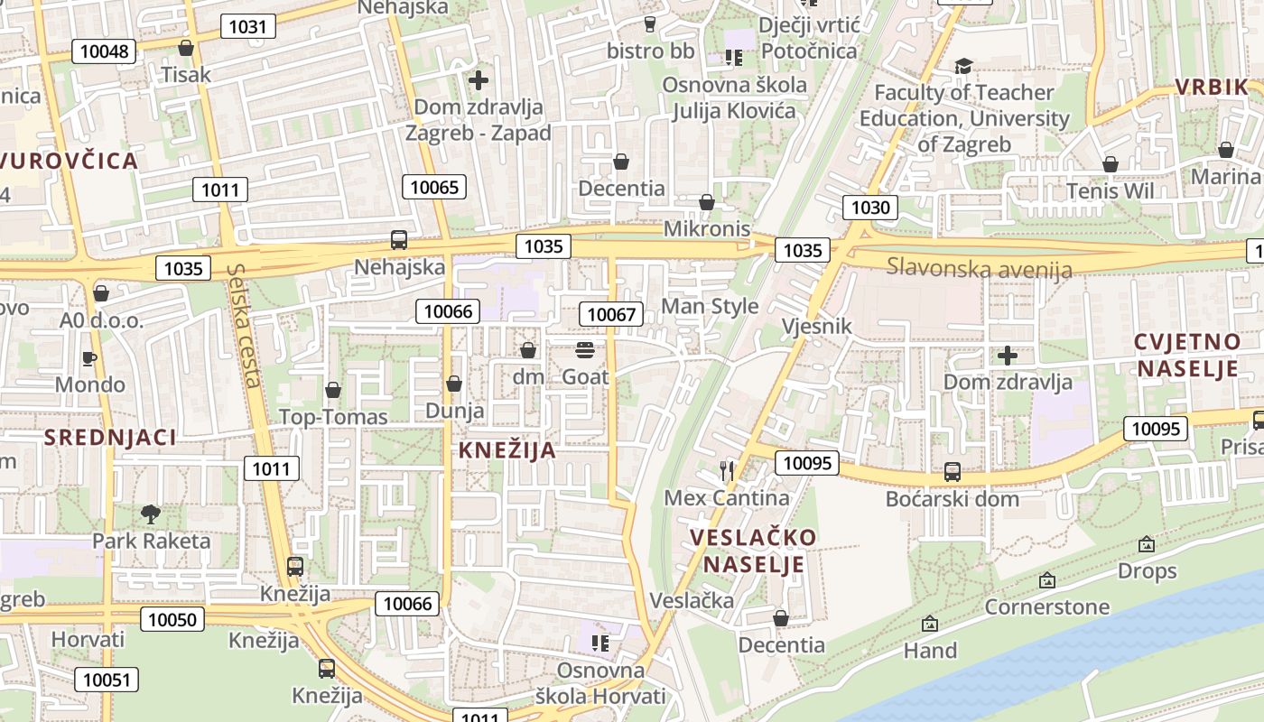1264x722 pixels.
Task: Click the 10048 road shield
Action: pos(104,51)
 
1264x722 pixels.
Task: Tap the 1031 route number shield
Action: pos(247,26)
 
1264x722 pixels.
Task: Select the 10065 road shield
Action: pos(434,188)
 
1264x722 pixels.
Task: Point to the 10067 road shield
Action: pos(611,314)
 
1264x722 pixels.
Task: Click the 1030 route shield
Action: pos(870,208)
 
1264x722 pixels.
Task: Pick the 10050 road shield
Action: pos(172,618)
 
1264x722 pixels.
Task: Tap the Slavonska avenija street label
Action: pos(980,268)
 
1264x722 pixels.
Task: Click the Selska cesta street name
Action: pos(245,325)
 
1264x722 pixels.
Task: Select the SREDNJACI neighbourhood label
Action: pos(110,438)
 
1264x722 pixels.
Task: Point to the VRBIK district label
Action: pos(1210,88)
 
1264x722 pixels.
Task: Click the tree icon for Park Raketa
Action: pos(151,514)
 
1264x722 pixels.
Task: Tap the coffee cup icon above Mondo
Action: pos(89,358)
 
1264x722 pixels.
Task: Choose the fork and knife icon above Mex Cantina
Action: pos(727,470)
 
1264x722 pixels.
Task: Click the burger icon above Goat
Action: pos(585,350)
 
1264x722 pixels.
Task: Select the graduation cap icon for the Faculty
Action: pos(963,66)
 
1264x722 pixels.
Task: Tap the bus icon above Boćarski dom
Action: pos(952,471)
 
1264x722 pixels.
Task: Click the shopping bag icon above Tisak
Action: pos(186,48)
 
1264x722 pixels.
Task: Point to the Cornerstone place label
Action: pos(1046,606)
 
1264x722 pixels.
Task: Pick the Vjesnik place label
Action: pos(816,326)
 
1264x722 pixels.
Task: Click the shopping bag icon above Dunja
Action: pos(454,384)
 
